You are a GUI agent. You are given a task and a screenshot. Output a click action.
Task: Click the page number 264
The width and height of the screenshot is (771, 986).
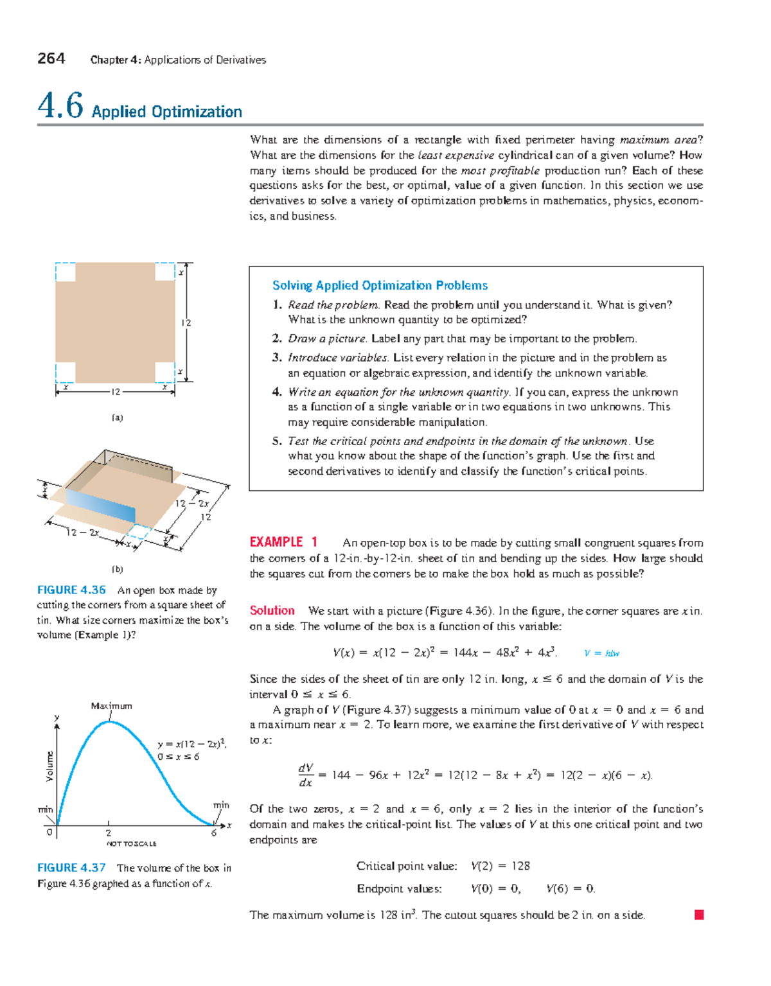(x=51, y=58)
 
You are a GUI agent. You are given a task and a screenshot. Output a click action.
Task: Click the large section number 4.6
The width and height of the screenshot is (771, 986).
(x=60, y=105)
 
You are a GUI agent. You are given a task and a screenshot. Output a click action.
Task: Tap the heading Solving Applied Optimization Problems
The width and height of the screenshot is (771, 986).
(x=380, y=285)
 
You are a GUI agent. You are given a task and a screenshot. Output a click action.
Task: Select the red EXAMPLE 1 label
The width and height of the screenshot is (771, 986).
(x=283, y=542)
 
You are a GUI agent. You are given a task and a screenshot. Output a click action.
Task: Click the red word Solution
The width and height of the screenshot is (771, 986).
(x=272, y=610)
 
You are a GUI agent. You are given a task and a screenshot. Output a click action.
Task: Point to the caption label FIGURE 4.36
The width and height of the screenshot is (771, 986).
(x=71, y=590)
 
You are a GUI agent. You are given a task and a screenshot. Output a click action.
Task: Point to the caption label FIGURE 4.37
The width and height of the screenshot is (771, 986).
(x=71, y=868)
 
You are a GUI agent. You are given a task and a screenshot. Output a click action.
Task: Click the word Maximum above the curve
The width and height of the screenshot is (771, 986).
(x=112, y=706)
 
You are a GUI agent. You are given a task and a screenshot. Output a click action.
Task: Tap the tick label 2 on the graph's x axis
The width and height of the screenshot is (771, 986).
(x=109, y=832)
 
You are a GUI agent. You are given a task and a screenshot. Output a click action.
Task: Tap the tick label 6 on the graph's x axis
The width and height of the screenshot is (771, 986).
(x=214, y=833)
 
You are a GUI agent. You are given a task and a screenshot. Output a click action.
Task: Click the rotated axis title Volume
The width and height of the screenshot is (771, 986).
(x=49, y=766)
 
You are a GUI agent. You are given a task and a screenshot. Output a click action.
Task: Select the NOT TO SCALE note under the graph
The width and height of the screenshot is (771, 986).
(x=132, y=843)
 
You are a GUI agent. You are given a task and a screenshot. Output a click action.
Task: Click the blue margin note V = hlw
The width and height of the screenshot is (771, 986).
(x=601, y=653)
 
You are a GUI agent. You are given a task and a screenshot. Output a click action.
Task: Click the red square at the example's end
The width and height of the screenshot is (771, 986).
(x=699, y=915)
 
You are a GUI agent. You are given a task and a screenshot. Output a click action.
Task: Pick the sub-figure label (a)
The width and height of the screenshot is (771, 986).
(x=117, y=418)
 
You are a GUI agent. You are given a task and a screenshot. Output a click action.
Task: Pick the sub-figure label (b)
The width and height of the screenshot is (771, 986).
(x=117, y=569)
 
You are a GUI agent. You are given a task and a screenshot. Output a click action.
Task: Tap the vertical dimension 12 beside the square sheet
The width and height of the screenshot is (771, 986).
(x=186, y=323)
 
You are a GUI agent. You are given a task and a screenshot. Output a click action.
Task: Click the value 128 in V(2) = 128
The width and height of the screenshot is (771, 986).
(x=520, y=866)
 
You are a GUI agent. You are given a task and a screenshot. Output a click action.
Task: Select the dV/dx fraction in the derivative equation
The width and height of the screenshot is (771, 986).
(x=306, y=775)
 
